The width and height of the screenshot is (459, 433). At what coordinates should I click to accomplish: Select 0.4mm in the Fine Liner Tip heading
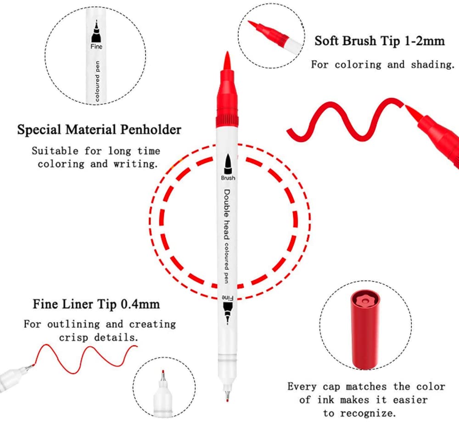tap(140, 304)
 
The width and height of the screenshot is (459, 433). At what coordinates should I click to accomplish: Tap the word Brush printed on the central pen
tap(228, 178)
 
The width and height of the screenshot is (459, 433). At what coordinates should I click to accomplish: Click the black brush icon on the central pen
tap(228, 164)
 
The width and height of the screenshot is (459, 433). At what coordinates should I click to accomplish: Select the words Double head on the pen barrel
tap(227, 214)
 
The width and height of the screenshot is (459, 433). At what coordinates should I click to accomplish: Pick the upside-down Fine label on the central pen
tap(228, 298)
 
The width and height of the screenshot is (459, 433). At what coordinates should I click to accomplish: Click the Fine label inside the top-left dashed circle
tap(96, 46)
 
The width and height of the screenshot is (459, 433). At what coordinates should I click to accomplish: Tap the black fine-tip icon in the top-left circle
tap(96, 32)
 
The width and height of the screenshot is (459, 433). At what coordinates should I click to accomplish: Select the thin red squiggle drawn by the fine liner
tap(84, 359)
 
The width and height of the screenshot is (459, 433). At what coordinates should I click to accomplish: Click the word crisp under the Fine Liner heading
tap(73, 338)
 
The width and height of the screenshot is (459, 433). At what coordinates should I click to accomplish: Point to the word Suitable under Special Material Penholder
tap(55, 151)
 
